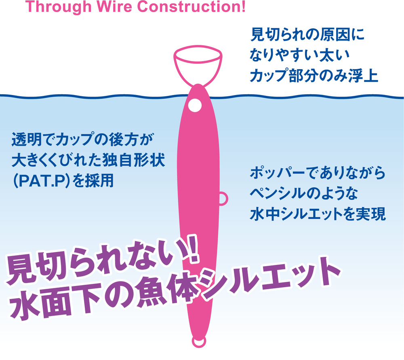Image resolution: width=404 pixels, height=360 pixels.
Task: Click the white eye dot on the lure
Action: (x=195, y=105)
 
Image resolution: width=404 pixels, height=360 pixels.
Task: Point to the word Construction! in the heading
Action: (x=191, y=6)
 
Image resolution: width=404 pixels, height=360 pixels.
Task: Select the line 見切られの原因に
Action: (x=307, y=34)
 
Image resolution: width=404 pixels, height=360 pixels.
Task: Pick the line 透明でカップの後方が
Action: (x=83, y=140)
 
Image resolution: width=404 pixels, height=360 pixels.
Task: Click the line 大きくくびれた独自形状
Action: (x=88, y=160)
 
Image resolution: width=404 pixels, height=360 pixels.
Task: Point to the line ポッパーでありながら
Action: (x=318, y=173)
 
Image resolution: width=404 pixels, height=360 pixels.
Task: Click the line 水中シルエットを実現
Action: (x=318, y=214)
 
